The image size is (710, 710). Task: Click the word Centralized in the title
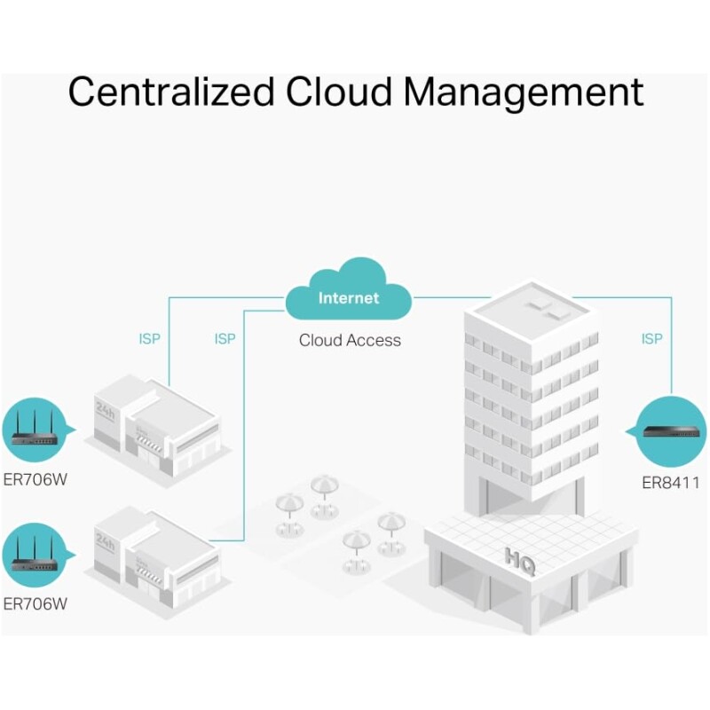click(171, 91)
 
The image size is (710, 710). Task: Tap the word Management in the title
click(524, 93)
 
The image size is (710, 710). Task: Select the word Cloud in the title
click(338, 91)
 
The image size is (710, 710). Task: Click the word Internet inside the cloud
click(349, 298)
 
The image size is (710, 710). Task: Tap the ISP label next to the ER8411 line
click(651, 339)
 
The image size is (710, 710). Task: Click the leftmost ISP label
click(149, 339)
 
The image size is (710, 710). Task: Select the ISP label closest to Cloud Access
click(225, 339)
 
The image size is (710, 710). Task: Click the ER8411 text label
click(671, 483)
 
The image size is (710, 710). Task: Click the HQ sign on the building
click(520, 562)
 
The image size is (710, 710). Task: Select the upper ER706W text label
click(35, 479)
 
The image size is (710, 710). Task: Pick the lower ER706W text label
click(35, 603)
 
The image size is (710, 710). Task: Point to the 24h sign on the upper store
click(105, 411)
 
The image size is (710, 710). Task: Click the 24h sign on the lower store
click(105, 542)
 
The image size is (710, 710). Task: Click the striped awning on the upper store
click(149, 442)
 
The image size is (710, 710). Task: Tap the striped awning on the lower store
click(149, 573)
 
